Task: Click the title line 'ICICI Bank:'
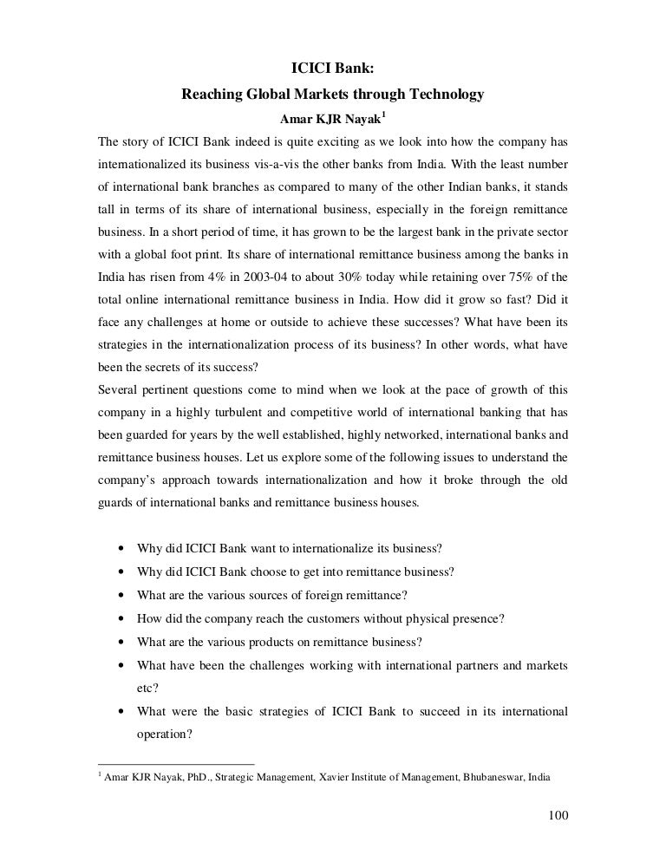click(332, 70)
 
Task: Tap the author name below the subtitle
click(332, 117)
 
